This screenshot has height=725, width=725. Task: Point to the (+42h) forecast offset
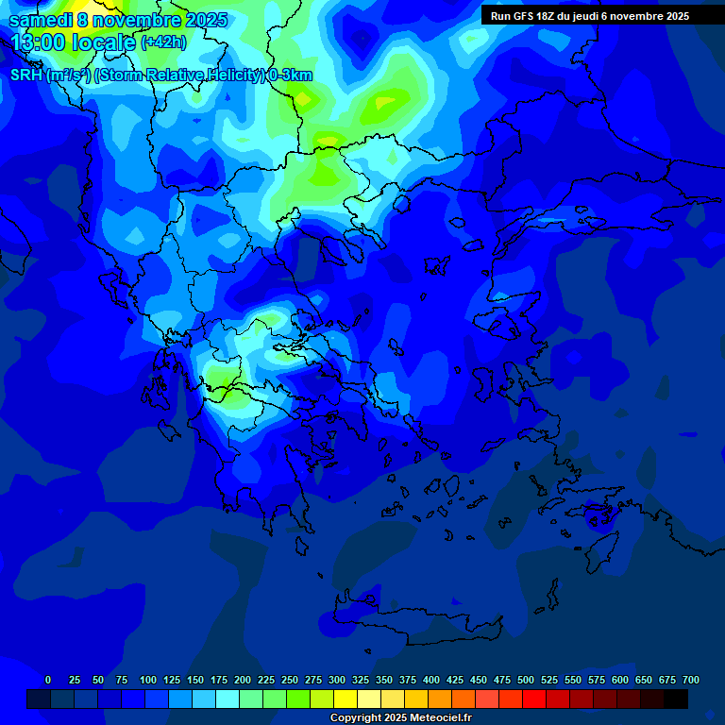(x=163, y=42)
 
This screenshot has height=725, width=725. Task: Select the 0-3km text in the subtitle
(x=291, y=76)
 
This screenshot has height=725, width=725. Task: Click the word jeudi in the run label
(x=601, y=16)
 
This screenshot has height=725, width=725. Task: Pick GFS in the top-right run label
(x=528, y=16)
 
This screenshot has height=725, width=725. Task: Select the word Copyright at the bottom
(x=356, y=718)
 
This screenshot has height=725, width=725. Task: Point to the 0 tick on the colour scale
(x=48, y=680)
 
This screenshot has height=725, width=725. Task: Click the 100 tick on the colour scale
(x=148, y=680)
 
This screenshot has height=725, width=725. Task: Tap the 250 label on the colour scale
(x=290, y=680)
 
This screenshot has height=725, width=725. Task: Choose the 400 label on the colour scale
(x=431, y=680)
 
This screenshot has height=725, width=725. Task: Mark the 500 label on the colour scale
(x=526, y=680)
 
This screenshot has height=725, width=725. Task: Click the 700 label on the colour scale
(x=691, y=680)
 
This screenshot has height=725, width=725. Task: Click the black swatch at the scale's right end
(x=676, y=699)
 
